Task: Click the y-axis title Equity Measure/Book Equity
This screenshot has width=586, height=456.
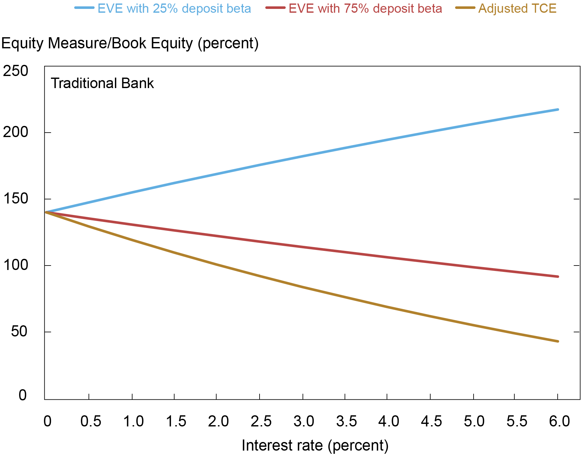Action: [x=130, y=43]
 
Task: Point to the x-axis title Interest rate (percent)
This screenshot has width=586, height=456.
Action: [x=315, y=445]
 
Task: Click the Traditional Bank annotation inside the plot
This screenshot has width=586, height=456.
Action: [x=102, y=83]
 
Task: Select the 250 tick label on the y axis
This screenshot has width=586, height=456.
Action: [x=15, y=71]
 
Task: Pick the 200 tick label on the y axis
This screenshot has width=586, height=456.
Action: [x=15, y=132]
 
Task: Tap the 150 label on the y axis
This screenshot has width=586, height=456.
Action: [x=15, y=199]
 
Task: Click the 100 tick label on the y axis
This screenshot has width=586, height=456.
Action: [x=15, y=265]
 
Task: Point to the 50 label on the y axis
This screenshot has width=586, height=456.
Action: [x=19, y=332]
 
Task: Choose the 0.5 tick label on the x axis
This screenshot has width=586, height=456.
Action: [x=90, y=422]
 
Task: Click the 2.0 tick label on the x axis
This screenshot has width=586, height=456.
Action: [x=218, y=422]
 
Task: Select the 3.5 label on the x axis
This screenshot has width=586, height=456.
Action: [x=347, y=422]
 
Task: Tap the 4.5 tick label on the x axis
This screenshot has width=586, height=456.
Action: [x=432, y=422]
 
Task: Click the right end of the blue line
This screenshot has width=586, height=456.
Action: [x=558, y=110]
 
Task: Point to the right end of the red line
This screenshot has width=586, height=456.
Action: [x=558, y=277]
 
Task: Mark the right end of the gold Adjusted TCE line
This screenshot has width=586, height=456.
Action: [x=558, y=341]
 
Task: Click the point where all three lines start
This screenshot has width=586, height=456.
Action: [x=46, y=212]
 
